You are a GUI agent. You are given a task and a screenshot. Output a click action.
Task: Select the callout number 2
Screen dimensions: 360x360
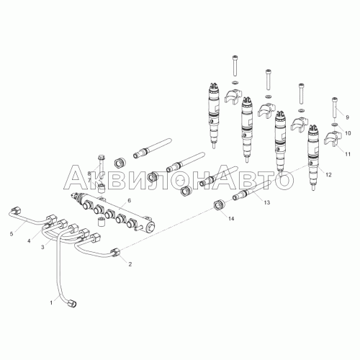click(130, 264)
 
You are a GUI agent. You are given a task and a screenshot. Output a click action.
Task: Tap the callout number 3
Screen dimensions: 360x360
click(42, 247)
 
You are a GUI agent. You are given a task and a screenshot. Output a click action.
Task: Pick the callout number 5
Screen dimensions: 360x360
click(11, 234)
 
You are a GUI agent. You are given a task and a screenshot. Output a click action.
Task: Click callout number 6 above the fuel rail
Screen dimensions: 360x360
click(129, 200)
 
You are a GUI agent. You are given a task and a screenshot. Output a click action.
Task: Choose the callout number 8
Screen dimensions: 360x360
click(89, 174)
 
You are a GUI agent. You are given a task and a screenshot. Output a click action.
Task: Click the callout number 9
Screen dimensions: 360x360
click(347, 117)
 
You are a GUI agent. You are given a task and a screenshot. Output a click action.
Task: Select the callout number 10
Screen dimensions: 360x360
click(348, 133)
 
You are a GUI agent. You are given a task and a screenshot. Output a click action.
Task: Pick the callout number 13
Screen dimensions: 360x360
click(266, 204)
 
